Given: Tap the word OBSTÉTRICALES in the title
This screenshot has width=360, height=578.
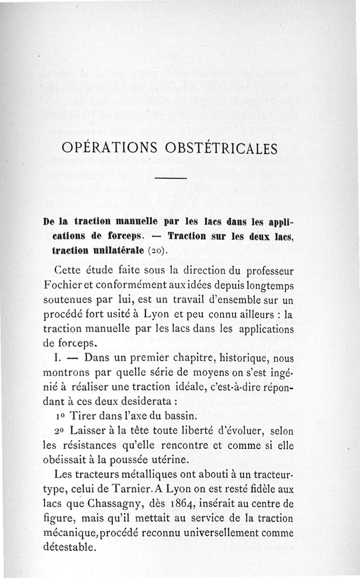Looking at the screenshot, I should (221, 148).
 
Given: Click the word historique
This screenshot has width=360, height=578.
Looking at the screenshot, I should (237, 358).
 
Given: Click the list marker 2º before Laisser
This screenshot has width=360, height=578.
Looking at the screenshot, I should (60, 431).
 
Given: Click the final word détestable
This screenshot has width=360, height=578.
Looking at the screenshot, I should (69, 547).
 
